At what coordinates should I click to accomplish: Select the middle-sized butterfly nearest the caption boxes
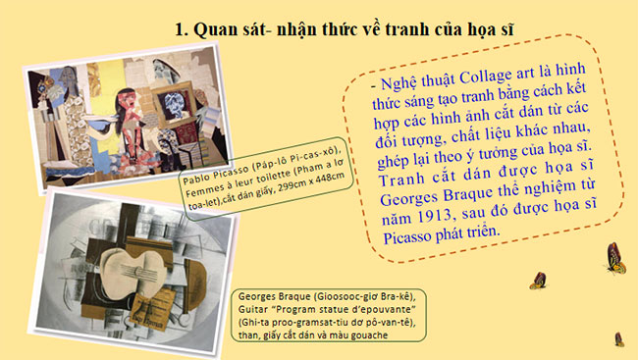pyautogui.click(x=537, y=281)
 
